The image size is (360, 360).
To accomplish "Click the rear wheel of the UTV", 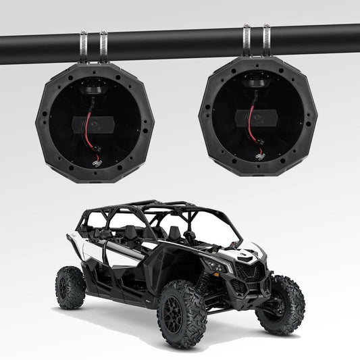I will point(72,287).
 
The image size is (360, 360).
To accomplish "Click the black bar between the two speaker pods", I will point(176,41).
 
